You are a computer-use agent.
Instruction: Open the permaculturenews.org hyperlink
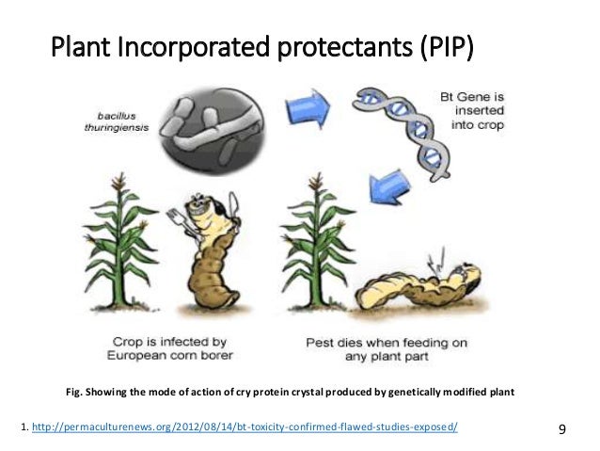245,428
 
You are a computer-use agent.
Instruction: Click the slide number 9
562,429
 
